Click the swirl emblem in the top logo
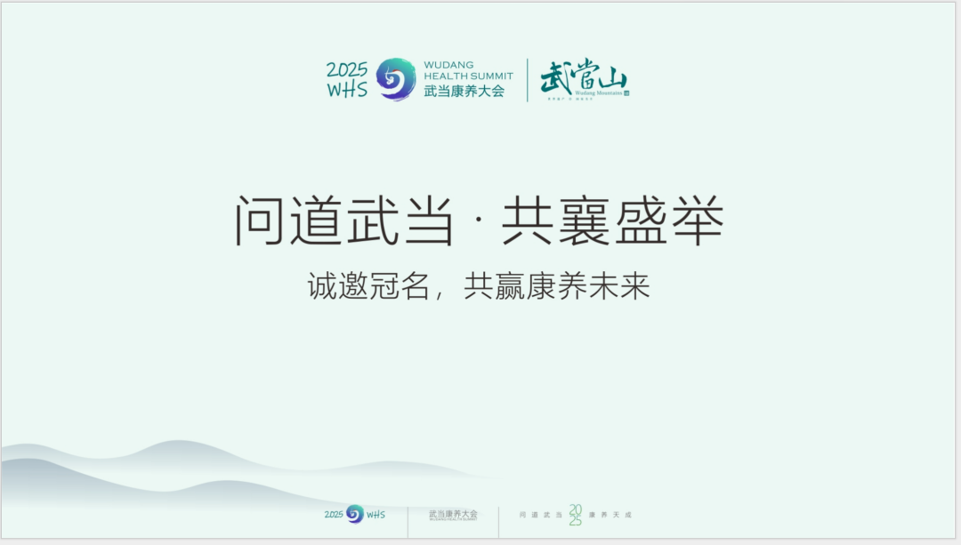[x=396, y=79]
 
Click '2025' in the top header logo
[x=347, y=70]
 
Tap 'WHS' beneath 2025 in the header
[x=347, y=90]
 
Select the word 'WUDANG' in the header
[x=448, y=65]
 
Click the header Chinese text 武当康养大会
[x=464, y=91]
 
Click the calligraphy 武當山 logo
[x=583, y=77]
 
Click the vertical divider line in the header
[x=528, y=80]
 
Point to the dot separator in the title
[x=479, y=222]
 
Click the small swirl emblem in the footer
[x=355, y=514]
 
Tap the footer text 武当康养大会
[x=453, y=514]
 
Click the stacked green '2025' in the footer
[x=575, y=515]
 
